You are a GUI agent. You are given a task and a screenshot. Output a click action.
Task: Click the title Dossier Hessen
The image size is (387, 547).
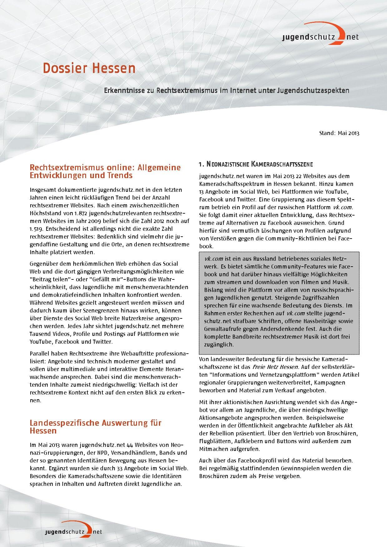[x=89, y=68]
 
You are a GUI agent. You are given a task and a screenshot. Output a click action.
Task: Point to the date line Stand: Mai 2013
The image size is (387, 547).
[x=339, y=133]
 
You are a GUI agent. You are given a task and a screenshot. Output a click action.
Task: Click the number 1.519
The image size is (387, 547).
[x=37, y=229]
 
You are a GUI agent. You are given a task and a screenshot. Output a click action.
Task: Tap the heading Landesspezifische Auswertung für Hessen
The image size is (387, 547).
[x=95, y=427]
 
